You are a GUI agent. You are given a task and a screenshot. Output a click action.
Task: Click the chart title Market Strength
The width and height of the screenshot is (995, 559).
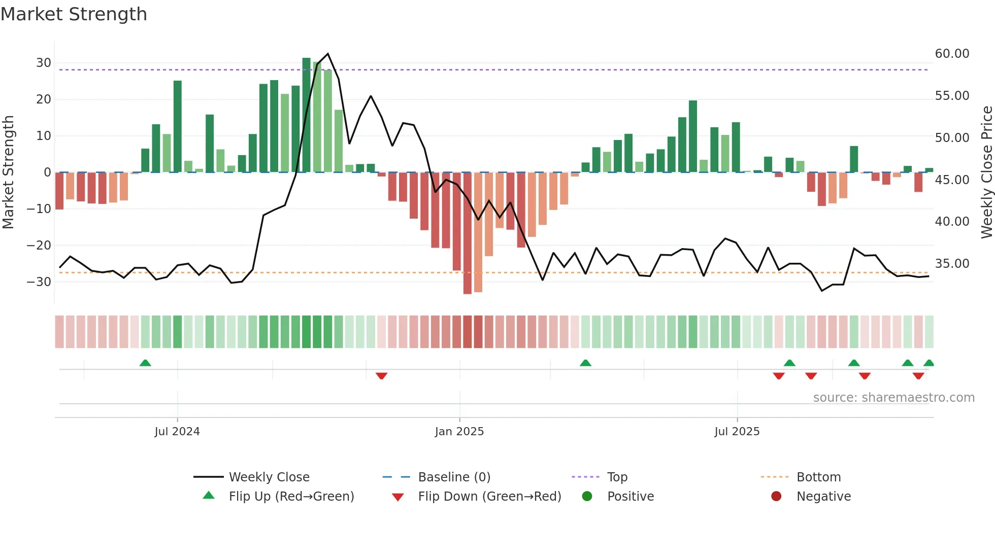pyautogui.click(x=74, y=14)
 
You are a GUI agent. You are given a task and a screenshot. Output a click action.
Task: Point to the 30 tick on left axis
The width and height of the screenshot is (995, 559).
pyautogui.click(x=44, y=63)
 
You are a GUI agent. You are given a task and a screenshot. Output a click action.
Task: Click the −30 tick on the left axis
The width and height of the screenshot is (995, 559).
pyautogui.click(x=40, y=282)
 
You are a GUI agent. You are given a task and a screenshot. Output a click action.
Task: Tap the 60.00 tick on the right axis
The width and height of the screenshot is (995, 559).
pyautogui.click(x=952, y=54)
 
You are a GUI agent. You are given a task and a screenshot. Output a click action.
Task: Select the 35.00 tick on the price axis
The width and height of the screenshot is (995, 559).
pyautogui.click(x=952, y=264)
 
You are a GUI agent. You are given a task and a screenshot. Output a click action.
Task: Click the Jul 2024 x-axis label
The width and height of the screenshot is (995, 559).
pyautogui.click(x=177, y=432)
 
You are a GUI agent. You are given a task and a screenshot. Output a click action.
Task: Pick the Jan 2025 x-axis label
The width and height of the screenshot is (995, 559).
pyautogui.click(x=459, y=432)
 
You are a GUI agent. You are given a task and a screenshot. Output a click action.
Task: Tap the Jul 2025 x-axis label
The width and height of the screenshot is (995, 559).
pyautogui.click(x=737, y=432)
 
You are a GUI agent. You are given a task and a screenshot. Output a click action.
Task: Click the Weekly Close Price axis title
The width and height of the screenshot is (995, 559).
pyautogui.click(x=986, y=172)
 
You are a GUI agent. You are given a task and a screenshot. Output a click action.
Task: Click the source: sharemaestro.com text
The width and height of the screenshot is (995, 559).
pyautogui.click(x=893, y=398)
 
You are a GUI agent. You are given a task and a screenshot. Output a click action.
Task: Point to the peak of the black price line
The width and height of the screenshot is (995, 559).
pyautogui.click(x=328, y=54)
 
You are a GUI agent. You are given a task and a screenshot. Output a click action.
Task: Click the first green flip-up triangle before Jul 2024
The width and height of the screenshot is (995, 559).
pyautogui.click(x=145, y=363)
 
